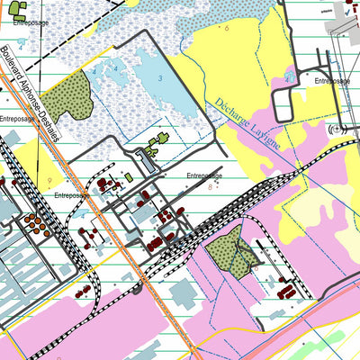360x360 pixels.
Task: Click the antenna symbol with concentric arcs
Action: point(337,130)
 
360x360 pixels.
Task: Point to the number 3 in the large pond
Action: point(160,79)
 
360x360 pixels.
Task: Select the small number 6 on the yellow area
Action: point(228,29)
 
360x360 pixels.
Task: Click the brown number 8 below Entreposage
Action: point(210,187)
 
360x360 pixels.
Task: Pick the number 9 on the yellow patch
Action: point(49,181)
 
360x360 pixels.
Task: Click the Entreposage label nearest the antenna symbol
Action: point(332,81)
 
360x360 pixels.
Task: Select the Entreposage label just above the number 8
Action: point(204,175)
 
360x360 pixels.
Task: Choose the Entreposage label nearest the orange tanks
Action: point(71,194)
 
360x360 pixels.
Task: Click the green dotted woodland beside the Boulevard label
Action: point(65,97)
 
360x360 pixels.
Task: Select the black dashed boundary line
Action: point(72,27)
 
